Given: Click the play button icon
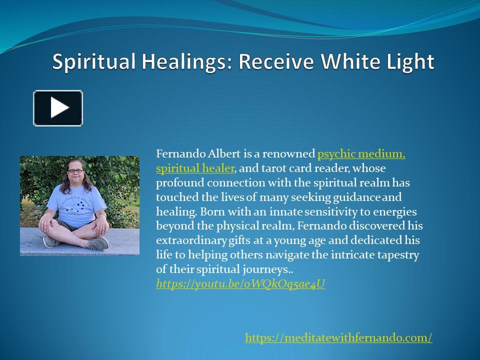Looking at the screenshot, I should pos(58,108).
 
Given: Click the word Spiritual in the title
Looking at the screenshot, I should pos(89,62).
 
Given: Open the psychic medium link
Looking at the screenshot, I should pos(361,153).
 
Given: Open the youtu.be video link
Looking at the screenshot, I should pos(240,284).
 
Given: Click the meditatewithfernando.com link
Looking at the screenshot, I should pos(338,338).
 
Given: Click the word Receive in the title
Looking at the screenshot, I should pos(278,62).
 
